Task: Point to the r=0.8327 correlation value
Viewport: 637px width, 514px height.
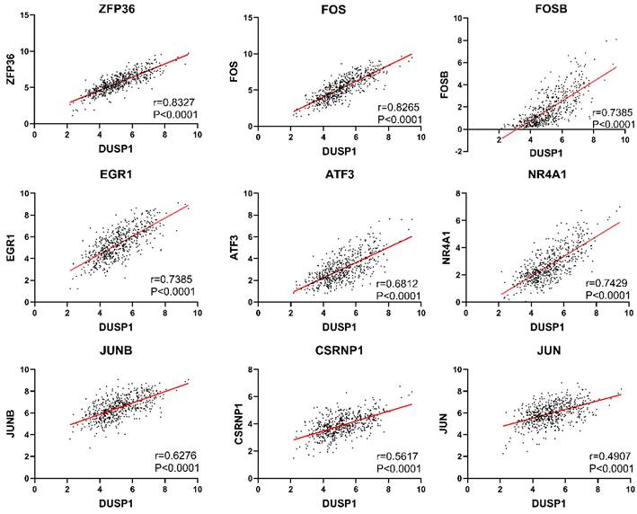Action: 173,102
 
